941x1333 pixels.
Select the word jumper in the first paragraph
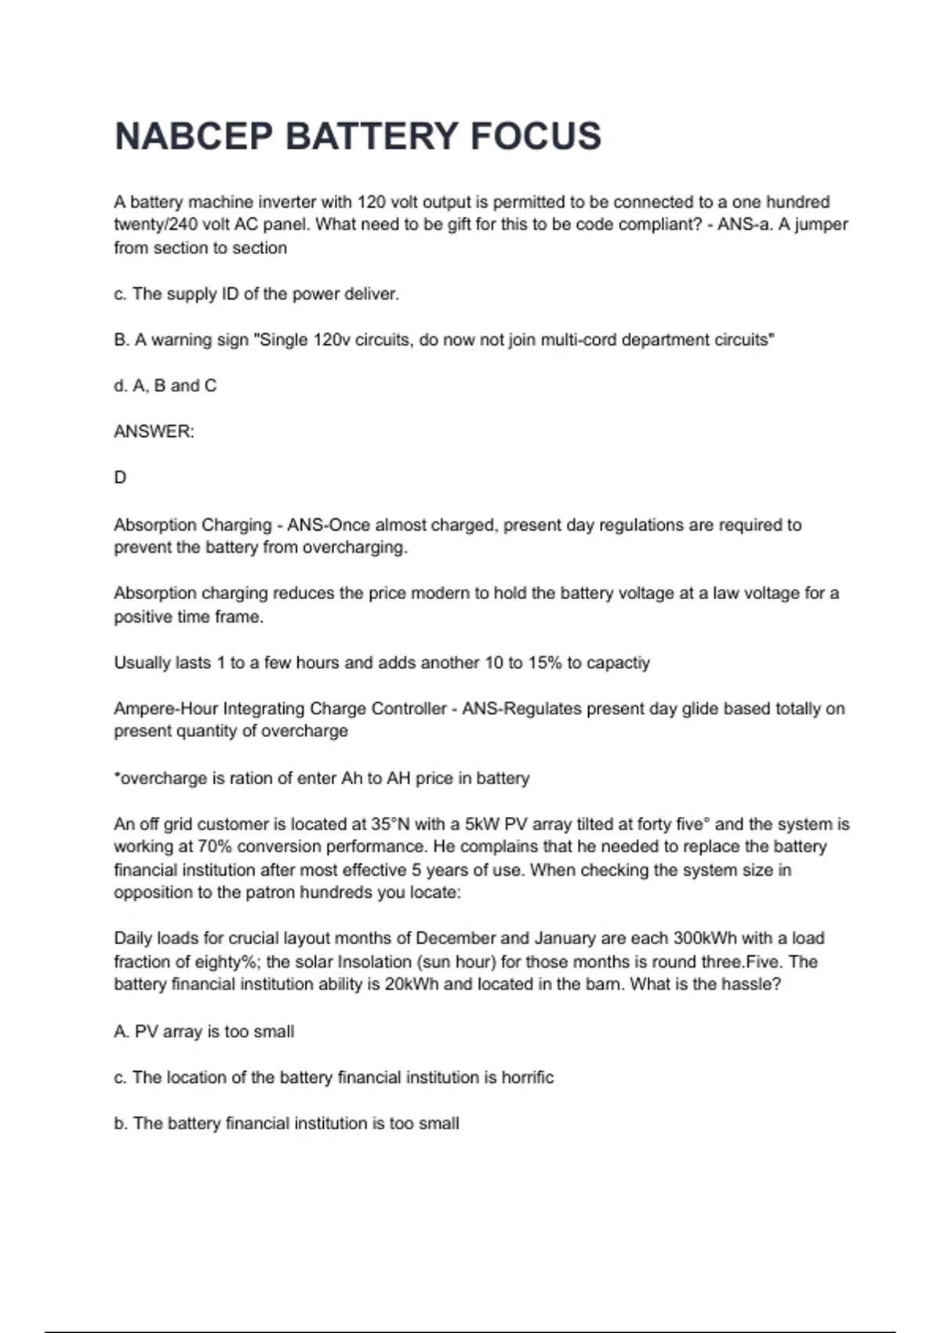821,224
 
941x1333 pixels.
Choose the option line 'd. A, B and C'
165,386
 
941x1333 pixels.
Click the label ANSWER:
154,432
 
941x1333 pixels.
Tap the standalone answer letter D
120,478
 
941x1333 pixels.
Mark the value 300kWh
704,939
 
